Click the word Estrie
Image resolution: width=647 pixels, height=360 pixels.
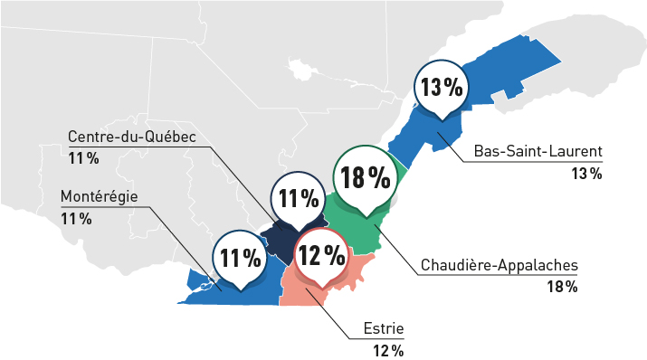(x=381, y=327)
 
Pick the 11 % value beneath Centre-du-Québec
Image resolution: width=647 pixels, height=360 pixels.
(x=82, y=158)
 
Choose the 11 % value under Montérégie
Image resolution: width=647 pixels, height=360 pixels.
(x=75, y=218)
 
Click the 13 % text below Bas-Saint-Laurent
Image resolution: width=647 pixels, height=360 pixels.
(x=586, y=173)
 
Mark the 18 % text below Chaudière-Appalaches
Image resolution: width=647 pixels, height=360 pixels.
(x=561, y=288)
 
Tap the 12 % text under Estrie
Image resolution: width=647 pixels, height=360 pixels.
(x=387, y=349)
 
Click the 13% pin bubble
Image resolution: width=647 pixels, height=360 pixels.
(x=441, y=89)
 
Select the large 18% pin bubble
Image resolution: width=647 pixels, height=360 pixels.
(x=366, y=178)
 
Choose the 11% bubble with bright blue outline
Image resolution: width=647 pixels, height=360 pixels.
(x=240, y=259)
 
